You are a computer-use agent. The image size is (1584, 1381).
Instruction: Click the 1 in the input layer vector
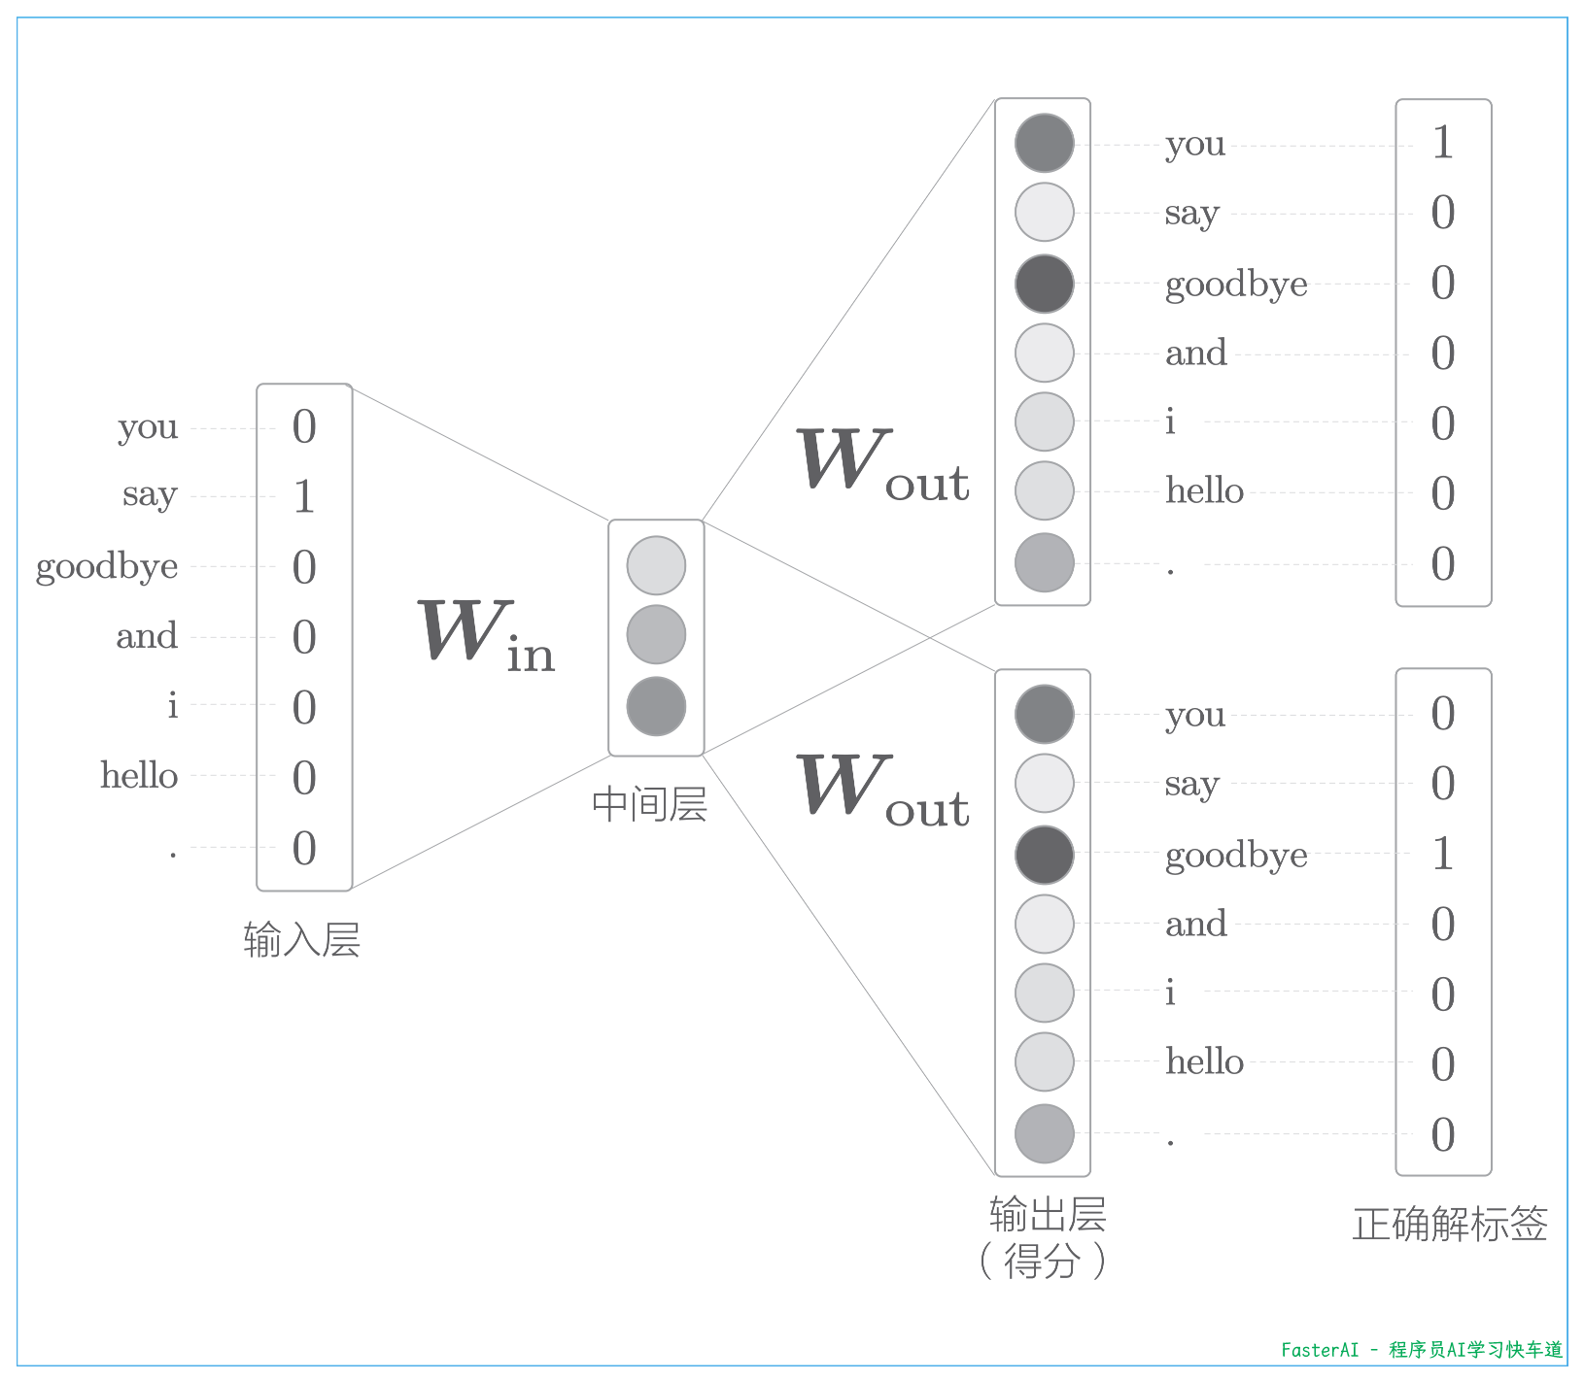[304, 496]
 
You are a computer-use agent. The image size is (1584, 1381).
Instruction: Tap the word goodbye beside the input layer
[107, 566]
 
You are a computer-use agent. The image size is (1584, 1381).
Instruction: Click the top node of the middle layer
[656, 565]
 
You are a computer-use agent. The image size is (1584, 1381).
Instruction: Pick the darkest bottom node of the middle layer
[656, 706]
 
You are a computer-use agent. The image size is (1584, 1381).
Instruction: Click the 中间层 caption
[650, 805]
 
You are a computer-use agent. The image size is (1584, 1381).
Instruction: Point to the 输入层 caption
[302, 940]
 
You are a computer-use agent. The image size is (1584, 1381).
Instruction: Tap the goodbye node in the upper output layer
[1045, 284]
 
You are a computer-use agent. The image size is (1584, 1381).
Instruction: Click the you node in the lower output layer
[1045, 714]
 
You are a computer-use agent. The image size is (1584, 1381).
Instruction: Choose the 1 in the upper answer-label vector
[1443, 143]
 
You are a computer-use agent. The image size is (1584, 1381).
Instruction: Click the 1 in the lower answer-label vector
[1443, 854]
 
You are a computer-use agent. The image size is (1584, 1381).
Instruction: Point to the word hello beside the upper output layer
[1204, 490]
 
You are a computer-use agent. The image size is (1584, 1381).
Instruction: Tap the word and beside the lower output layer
[1196, 924]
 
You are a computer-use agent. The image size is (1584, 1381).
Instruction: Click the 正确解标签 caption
[1450, 1224]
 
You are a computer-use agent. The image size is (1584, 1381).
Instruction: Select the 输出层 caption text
[1048, 1215]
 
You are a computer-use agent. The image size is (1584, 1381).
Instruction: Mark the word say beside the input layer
[150, 496]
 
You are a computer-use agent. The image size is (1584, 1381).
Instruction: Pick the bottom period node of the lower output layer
[1045, 1133]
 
